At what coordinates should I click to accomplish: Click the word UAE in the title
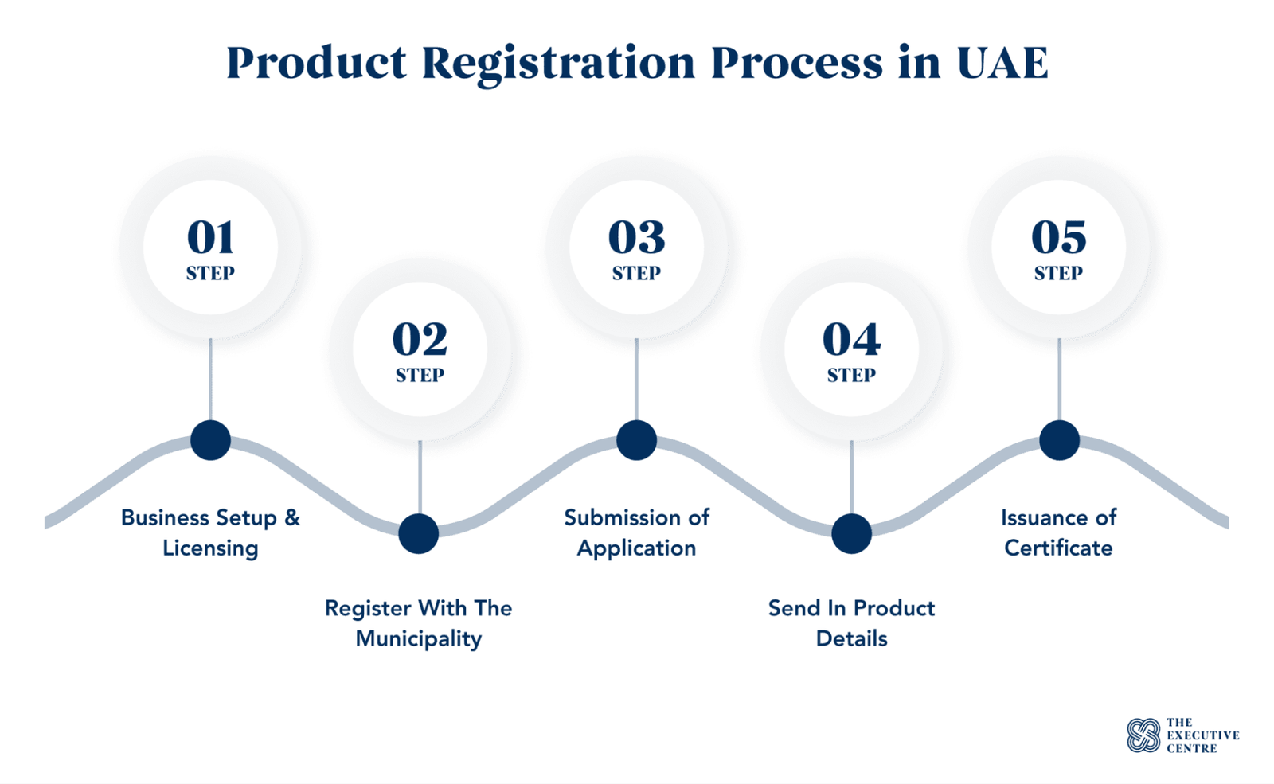point(1002,63)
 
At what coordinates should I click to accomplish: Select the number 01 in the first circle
point(210,237)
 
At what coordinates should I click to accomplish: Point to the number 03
point(636,237)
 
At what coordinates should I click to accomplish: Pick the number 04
point(851,339)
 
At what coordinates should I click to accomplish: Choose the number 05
point(1058,237)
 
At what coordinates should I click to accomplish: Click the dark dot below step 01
point(210,440)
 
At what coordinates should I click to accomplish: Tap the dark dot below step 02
point(419,534)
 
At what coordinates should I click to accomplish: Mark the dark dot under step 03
point(636,440)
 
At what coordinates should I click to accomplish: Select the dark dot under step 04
point(851,534)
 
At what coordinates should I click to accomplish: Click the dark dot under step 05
point(1059,440)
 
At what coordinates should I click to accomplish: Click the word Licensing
point(210,548)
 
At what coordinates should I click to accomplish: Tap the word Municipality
point(419,639)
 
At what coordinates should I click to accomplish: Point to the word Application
point(636,548)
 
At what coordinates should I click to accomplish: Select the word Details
point(851,638)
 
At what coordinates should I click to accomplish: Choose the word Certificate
point(1058,548)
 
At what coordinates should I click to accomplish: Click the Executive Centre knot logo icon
point(1143,735)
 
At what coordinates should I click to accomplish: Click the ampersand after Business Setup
point(291,517)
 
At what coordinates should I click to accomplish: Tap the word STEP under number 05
point(1058,274)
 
